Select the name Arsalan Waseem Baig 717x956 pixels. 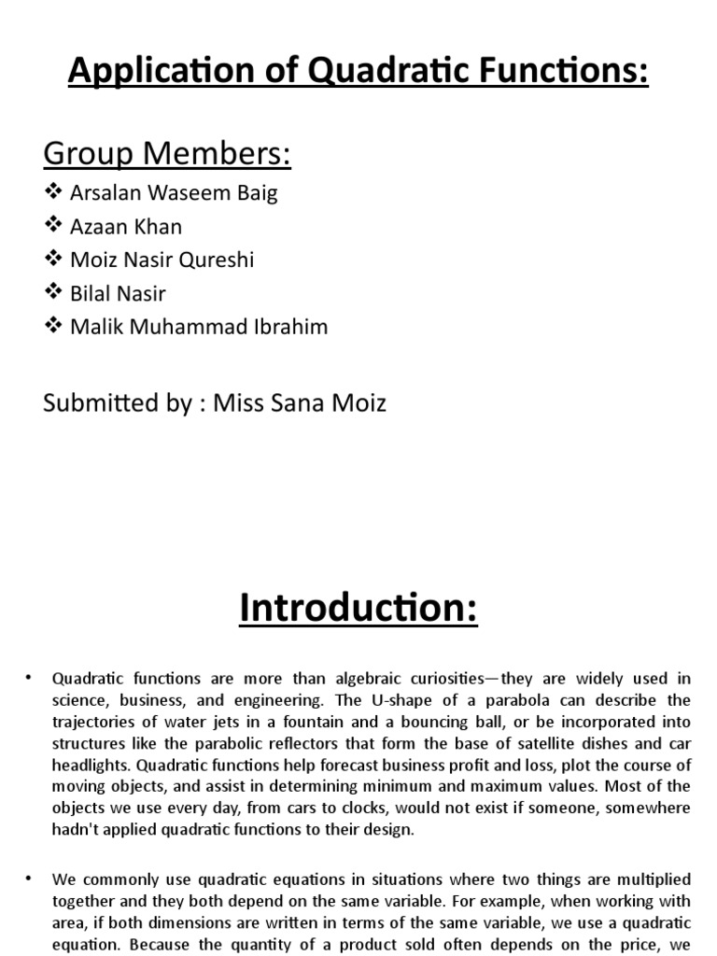coord(174,193)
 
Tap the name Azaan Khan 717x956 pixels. coord(126,227)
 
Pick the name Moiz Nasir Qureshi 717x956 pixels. coord(162,260)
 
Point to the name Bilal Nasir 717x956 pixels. coord(118,294)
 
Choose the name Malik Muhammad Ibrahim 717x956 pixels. coord(199,328)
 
